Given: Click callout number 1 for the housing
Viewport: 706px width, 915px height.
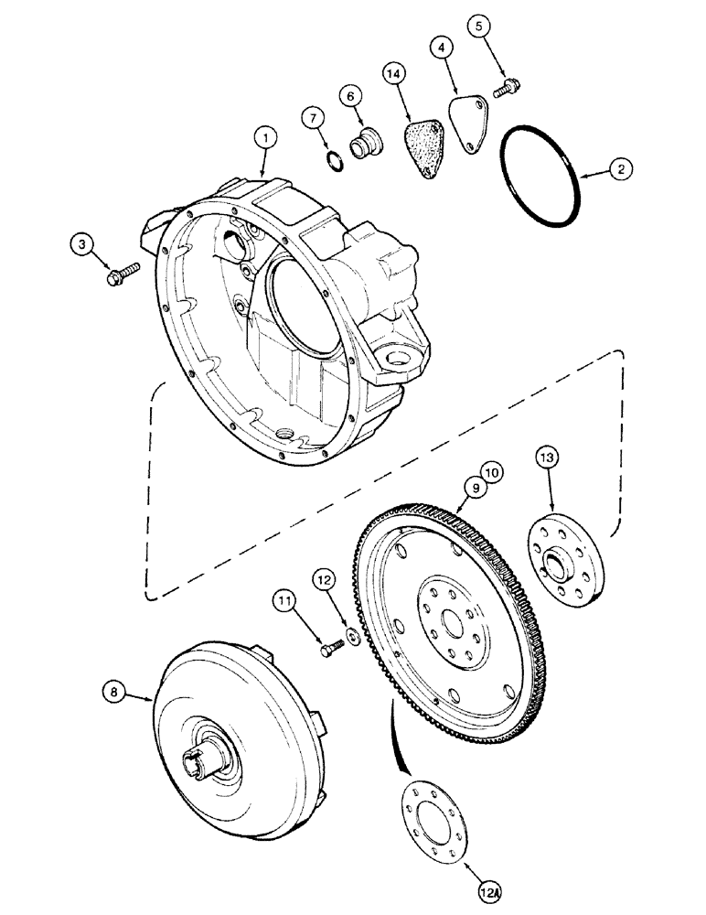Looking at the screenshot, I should tap(263, 139).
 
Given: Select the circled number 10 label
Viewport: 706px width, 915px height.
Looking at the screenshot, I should tap(493, 472).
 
